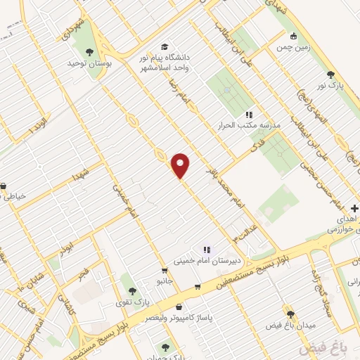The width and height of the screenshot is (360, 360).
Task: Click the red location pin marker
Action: [x=181, y=165]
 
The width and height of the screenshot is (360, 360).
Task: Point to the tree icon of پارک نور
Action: [x=330, y=75]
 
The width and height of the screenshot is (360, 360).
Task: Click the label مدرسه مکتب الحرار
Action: [x=252, y=125]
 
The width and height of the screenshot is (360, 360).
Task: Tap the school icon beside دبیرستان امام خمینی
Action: [x=206, y=249]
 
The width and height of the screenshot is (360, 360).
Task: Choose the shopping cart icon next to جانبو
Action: [x=164, y=270]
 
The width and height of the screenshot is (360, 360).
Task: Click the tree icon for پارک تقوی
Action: [x=129, y=290]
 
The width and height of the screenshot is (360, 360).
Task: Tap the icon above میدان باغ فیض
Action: [x=289, y=314]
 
